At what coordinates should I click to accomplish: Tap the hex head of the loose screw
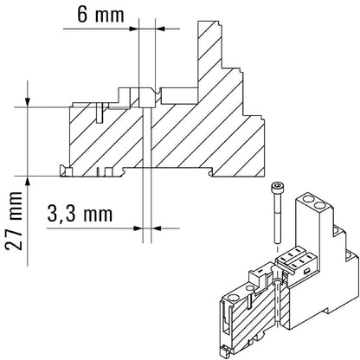pos(276,189)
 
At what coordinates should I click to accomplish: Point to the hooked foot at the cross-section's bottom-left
pos(63,169)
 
